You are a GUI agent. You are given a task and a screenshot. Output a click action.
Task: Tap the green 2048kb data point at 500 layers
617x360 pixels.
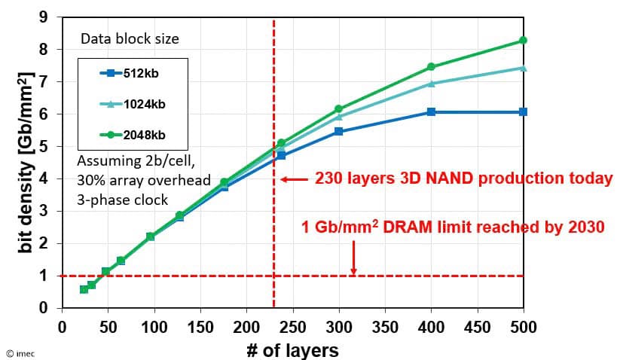[x=523, y=40]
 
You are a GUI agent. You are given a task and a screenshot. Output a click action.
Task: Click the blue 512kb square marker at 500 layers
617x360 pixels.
[x=523, y=111]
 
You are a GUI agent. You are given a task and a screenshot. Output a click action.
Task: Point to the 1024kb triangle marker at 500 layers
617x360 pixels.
[x=523, y=68]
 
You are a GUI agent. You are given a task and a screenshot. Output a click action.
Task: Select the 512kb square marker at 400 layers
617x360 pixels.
[x=431, y=111]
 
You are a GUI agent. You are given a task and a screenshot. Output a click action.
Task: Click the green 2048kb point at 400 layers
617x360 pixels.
[x=431, y=66]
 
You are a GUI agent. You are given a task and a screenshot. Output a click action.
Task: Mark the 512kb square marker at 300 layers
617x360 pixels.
[x=338, y=131]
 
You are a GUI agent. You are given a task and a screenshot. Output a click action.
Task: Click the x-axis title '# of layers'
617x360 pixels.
[x=292, y=349]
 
